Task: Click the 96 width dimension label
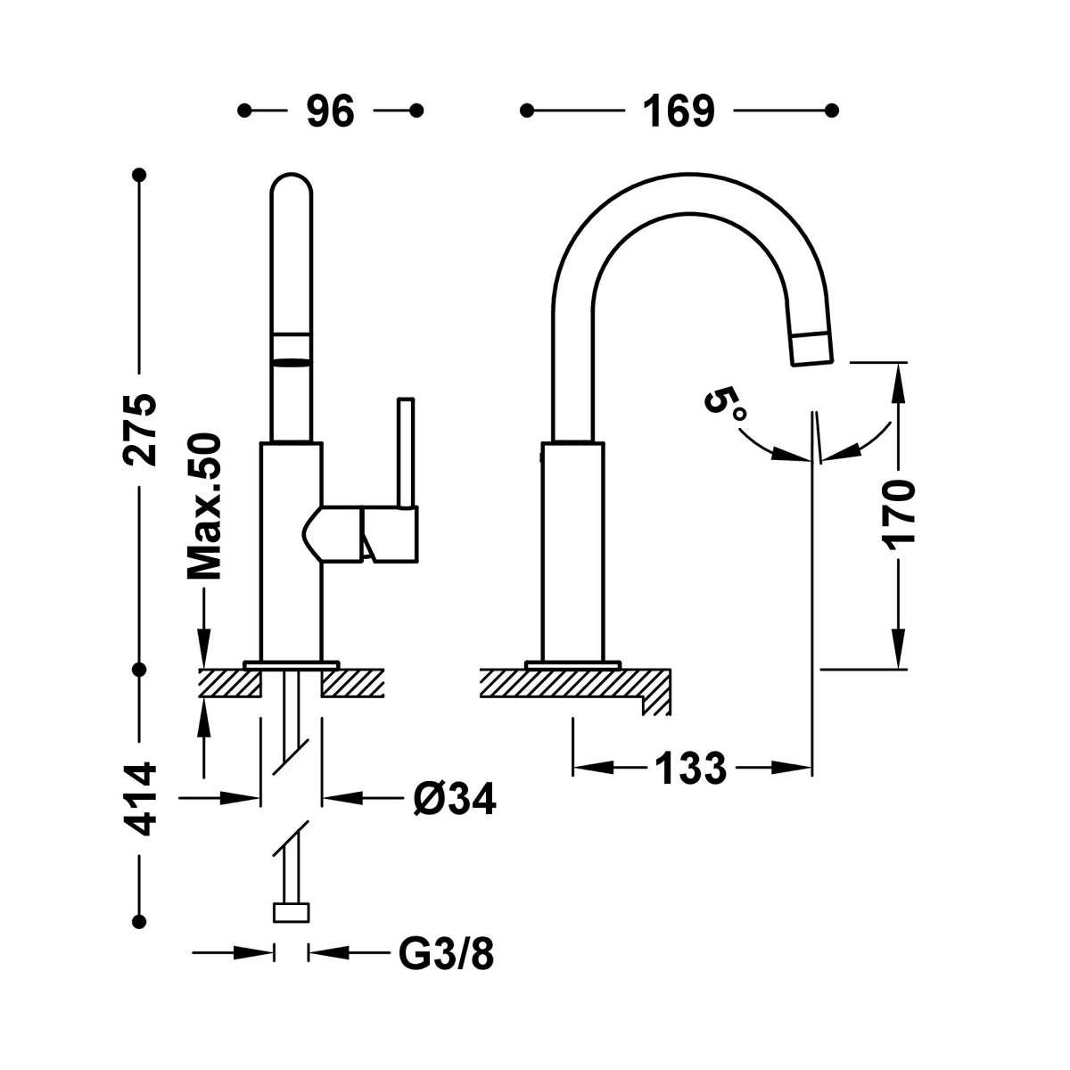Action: [x=331, y=111]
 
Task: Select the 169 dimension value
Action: [x=679, y=111]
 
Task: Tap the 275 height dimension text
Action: [x=140, y=427]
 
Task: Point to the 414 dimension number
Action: [x=140, y=798]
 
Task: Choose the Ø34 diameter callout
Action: [x=454, y=799]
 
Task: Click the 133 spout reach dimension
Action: [x=691, y=767]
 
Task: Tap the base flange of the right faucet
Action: [x=572, y=664]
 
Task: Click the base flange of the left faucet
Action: [x=292, y=664]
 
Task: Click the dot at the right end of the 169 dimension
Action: [x=832, y=111]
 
